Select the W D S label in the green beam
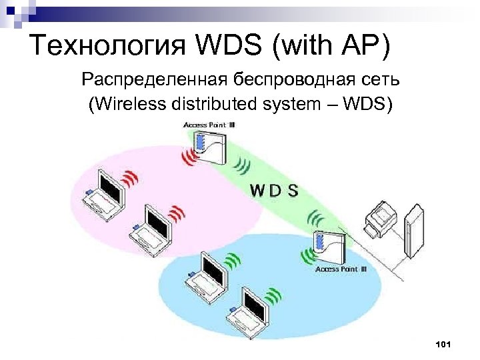274,190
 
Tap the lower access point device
329,247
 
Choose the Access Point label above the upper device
208,125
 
